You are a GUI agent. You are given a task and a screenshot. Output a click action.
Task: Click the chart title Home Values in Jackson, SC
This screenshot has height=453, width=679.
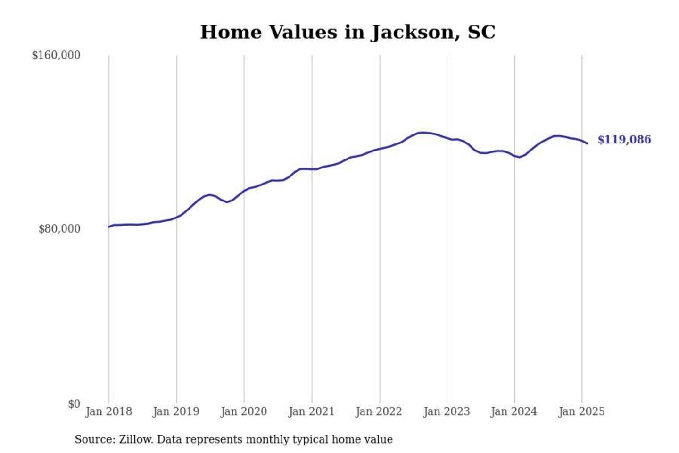pos(348,32)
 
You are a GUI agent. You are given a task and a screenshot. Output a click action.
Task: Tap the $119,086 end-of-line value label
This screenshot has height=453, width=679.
pos(624,140)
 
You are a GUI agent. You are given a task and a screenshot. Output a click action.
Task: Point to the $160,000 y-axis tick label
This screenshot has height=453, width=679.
pos(56,55)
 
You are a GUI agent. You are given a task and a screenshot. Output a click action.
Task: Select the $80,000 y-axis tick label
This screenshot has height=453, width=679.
pos(59,229)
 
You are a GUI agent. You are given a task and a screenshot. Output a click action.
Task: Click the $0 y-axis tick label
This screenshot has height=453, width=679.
pos(74,404)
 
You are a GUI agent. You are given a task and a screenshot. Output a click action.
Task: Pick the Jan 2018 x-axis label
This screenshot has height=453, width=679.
pos(108,411)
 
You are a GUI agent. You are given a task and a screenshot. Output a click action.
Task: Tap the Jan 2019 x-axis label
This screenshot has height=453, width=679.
pos(176,411)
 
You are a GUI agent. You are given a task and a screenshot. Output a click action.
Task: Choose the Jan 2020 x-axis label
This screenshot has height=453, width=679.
pos(244,411)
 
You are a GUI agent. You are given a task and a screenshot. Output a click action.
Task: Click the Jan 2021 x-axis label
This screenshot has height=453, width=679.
pos(311,411)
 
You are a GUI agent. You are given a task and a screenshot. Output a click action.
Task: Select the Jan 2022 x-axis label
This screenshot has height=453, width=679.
pos(379,411)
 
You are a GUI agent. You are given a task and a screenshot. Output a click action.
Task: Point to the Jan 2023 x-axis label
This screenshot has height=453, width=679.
pos(447,411)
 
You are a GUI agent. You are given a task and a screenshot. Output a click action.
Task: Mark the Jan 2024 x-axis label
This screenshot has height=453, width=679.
pos(513,411)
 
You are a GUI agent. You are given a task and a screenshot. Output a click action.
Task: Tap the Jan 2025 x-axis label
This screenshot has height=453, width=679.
pos(581,411)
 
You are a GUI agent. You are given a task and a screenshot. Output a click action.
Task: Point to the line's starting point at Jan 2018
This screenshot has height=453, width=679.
pos(109,227)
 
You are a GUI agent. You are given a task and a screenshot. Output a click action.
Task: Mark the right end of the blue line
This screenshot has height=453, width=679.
pos(587,143)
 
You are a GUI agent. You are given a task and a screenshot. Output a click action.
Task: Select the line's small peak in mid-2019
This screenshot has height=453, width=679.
pos(210,194)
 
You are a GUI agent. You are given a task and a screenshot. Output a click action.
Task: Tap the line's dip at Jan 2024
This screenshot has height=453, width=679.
pos(519,157)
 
